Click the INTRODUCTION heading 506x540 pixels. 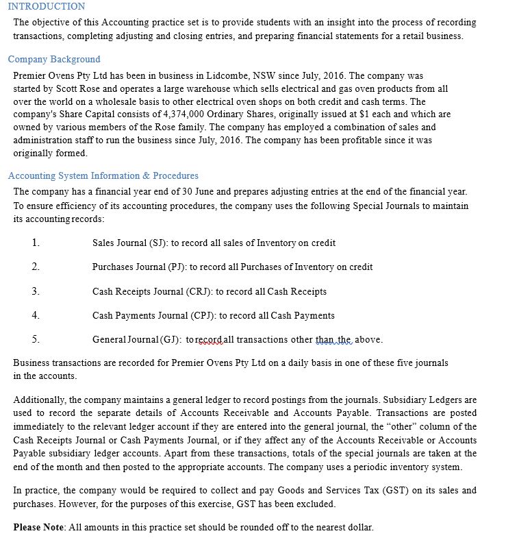coord(47,6)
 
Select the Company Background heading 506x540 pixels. coord(54,59)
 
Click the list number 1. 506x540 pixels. coord(35,243)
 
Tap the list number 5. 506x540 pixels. coord(35,339)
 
